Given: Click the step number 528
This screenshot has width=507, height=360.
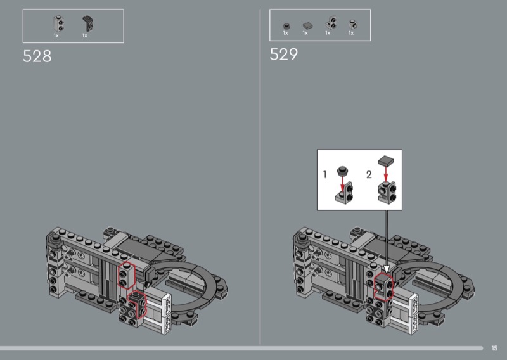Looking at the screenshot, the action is tap(37, 56).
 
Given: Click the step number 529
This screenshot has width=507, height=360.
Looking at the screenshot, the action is tap(283, 54).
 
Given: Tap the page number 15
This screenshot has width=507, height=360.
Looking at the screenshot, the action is tap(494, 348).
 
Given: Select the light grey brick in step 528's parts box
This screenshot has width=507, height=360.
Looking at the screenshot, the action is tap(58, 23).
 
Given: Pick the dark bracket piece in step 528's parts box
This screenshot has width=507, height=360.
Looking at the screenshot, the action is tap(88, 23).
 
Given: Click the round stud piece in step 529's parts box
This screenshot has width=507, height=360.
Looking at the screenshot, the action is tap(286, 26).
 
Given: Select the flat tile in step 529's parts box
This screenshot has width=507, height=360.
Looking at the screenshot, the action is tap(308, 25).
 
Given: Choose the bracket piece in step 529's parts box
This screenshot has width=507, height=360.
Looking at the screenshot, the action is tap(331, 23).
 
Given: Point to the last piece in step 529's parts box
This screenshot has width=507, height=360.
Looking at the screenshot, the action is tap(353, 25).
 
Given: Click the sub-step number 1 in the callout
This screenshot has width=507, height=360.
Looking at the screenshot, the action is tap(325, 175).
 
